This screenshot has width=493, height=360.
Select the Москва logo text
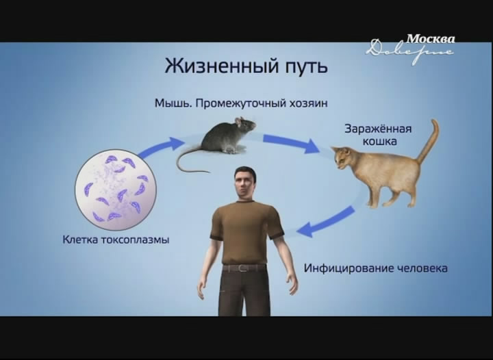point(430,39)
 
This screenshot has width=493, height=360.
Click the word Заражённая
point(378,129)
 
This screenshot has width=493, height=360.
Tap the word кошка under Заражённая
point(380,142)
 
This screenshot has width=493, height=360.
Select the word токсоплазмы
point(135,240)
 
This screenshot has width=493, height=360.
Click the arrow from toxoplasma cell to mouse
point(161,146)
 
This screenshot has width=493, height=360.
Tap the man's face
point(244,184)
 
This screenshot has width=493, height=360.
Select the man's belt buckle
point(242,268)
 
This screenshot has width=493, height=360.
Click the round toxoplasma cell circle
point(116,190)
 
